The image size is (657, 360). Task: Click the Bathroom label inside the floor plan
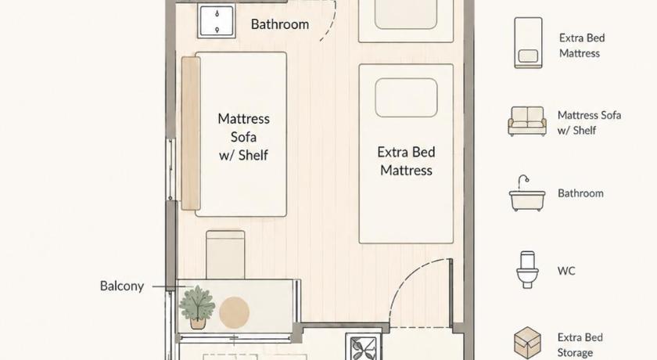click(280, 24)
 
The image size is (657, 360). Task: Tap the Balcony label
click(122, 286)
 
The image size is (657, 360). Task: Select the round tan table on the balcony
click(234, 312)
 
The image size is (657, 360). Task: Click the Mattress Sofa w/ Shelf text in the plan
click(243, 137)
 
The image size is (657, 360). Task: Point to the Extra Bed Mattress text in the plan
click(406, 161)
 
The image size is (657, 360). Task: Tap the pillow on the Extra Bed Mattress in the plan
click(406, 98)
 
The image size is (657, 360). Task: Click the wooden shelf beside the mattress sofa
click(191, 134)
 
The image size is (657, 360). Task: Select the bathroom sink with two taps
click(217, 22)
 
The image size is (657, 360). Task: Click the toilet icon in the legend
click(527, 269)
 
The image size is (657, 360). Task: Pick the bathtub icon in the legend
click(527, 193)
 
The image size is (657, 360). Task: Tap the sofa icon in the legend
click(527, 121)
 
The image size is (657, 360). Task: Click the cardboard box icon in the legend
click(527, 344)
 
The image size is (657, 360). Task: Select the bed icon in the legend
click(528, 43)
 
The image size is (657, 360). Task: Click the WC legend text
click(566, 271)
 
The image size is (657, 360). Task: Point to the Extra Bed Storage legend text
click(580, 345)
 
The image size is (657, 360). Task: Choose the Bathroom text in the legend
click(580, 193)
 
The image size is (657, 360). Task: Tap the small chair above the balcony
click(225, 254)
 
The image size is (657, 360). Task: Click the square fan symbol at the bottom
click(363, 347)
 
